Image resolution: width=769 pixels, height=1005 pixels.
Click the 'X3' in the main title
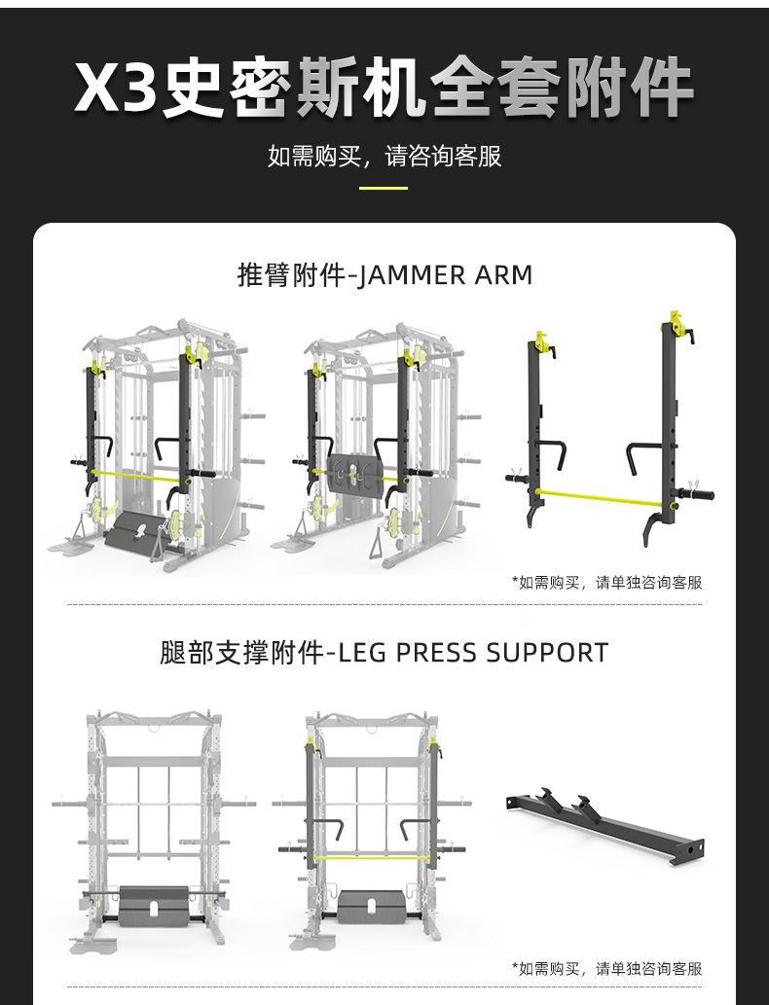click(116, 89)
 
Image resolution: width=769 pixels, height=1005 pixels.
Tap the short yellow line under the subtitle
click(384, 188)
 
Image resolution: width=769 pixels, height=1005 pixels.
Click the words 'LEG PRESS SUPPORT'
click(473, 652)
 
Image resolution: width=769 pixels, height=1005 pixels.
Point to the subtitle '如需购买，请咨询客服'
click(384, 156)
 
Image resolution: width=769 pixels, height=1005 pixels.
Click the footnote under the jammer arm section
click(606, 582)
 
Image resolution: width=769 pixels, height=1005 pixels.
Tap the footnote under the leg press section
click(606, 968)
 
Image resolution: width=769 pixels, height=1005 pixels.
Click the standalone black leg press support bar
click(604, 828)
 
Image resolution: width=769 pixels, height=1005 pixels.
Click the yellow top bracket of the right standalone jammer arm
click(674, 323)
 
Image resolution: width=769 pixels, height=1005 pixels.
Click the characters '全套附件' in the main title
click(562, 89)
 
